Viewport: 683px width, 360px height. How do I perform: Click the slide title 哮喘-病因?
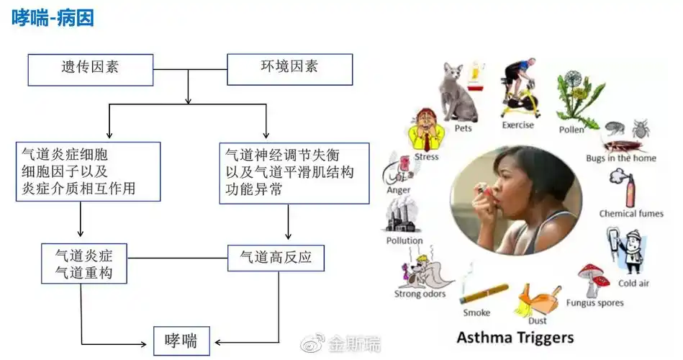pos(53,17)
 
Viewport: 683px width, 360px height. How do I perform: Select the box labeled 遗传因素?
pos(90,69)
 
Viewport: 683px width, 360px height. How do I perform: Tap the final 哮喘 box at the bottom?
pos(181,341)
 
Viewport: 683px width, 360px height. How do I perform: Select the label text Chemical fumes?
pos(631,213)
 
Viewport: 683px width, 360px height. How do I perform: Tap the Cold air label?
pos(633,283)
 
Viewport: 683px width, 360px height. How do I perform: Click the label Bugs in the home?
pos(620,158)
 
